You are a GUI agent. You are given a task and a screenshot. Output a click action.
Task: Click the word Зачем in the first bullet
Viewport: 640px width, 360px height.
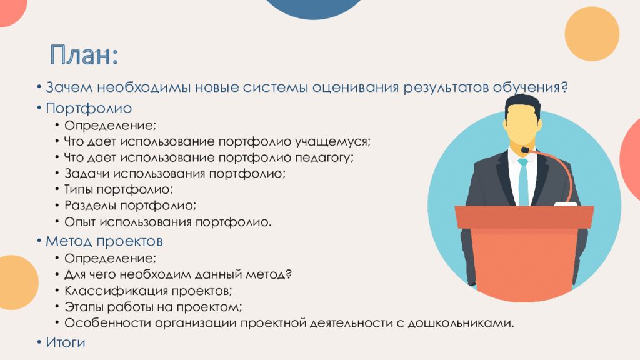[69, 87]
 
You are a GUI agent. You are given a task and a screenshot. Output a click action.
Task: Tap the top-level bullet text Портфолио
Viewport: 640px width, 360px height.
[89, 108]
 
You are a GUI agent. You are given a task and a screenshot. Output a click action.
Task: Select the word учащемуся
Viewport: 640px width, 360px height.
[332, 142]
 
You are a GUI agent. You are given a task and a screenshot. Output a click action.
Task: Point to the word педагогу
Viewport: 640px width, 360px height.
[324, 158]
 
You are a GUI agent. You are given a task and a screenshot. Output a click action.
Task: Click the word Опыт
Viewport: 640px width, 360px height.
[80, 222]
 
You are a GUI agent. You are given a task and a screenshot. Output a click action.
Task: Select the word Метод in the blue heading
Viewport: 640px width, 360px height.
[69, 241]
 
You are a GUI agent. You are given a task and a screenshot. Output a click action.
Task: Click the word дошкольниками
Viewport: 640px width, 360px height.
[461, 323]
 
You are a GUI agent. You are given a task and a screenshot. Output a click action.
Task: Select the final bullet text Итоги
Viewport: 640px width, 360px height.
[66, 342]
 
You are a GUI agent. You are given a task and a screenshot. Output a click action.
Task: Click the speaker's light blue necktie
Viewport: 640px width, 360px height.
[523, 182]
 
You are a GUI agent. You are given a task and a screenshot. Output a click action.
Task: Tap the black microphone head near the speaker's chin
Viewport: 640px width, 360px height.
[525, 150]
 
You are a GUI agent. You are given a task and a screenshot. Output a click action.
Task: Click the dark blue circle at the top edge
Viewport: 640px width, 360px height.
[314, 8]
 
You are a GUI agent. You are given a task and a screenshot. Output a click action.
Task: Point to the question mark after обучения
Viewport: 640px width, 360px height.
[564, 86]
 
